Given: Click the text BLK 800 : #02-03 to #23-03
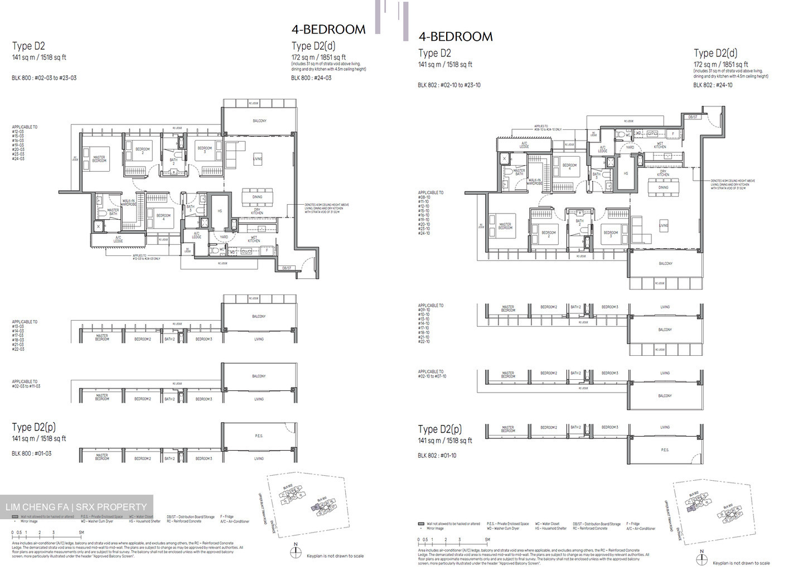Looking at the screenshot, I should click(44, 78).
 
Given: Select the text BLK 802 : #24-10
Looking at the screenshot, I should click(713, 85).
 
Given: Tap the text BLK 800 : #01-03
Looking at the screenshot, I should click(31, 453).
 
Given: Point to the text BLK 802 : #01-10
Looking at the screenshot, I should click(437, 456).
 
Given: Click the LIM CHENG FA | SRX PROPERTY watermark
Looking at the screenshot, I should click(76, 507).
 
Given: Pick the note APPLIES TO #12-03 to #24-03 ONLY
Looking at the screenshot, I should click(146, 257).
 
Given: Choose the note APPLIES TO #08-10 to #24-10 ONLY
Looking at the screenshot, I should click(548, 128).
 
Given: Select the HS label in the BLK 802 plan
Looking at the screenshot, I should click(626, 173).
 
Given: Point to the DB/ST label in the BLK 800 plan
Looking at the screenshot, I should click(287, 268).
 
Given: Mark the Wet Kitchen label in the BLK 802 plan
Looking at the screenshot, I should click(660, 145).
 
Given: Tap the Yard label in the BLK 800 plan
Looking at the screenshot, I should click(224, 237).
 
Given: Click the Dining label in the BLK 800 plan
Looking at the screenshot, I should click(257, 197).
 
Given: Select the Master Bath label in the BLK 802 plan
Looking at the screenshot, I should click(519, 172).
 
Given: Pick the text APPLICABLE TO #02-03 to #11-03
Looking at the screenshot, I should click(26, 384).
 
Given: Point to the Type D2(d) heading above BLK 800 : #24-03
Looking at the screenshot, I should click(313, 46).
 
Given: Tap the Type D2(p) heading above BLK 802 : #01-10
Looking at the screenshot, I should click(440, 429).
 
